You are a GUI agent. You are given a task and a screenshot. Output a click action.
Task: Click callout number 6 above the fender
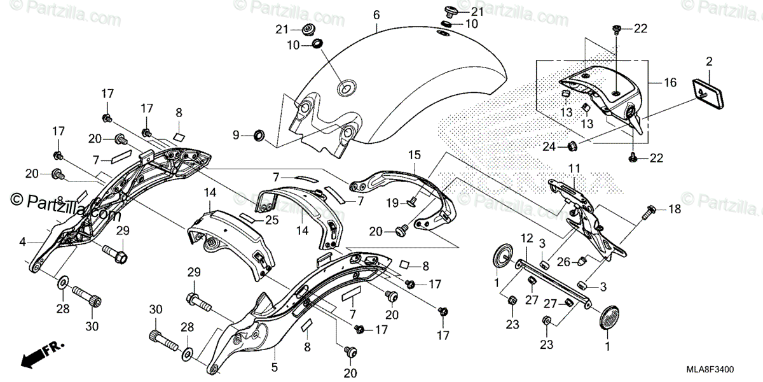376,13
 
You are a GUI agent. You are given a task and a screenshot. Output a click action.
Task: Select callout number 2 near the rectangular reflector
708,62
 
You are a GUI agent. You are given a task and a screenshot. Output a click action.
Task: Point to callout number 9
236,135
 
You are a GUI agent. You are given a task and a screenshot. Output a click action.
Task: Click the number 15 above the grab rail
414,155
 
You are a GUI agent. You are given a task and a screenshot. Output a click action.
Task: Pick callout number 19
394,202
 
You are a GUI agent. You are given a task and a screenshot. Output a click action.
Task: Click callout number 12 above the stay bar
526,237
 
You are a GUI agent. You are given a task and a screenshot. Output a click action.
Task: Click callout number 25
272,220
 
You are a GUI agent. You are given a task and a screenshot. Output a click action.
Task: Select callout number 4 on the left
22,242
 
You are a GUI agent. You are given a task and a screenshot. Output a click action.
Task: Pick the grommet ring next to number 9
259,135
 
